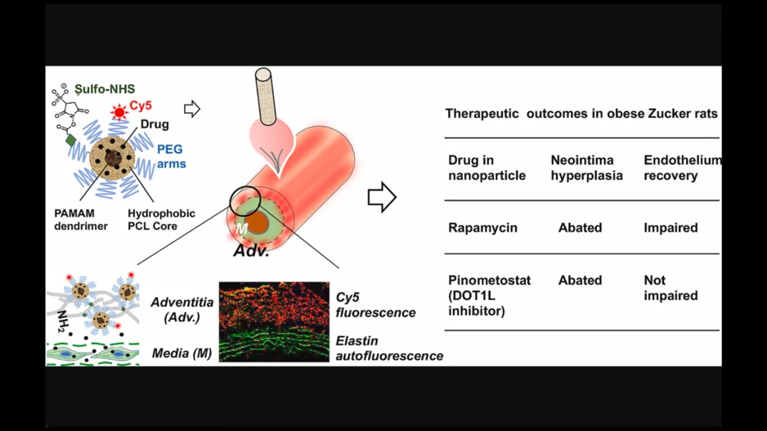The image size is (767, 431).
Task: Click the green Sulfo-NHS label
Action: [105, 88]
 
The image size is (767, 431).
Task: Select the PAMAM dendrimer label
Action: [81, 219]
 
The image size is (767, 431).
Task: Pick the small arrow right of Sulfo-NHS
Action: [192, 109]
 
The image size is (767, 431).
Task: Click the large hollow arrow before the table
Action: [382, 196]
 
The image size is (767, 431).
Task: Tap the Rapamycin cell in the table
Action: [482, 227]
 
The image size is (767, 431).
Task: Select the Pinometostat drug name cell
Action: [489, 295]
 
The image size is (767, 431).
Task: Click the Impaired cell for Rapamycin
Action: [671, 227]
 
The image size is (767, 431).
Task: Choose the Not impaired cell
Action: [671, 288]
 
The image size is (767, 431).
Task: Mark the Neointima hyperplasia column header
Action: [586, 168]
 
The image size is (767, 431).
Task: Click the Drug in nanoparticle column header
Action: [487, 168]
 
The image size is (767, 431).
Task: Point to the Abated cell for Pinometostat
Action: [580, 280]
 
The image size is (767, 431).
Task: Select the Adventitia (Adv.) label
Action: [182, 310]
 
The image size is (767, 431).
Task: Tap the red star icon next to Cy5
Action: [120, 110]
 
